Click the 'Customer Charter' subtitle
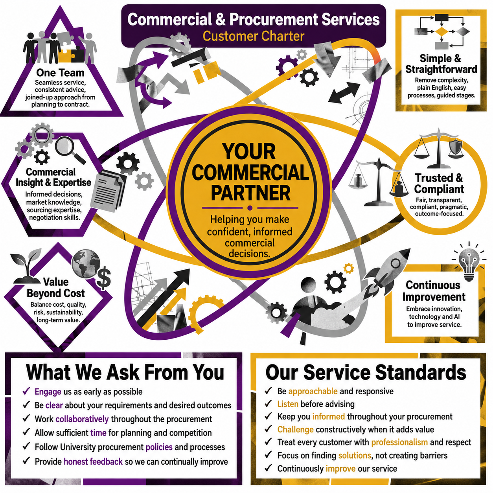(253, 36)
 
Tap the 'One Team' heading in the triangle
(61, 73)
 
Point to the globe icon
(86, 264)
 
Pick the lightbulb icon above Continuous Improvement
(469, 262)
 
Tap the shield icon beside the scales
(456, 147)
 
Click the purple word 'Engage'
(48, 392)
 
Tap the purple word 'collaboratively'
(82, 419)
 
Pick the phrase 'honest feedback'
(93, 462)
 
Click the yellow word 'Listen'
(288, 404)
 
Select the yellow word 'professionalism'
(399, 442)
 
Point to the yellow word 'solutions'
(355, 455)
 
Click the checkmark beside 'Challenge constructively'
(268, 429)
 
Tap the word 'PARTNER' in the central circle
(251, 193)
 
